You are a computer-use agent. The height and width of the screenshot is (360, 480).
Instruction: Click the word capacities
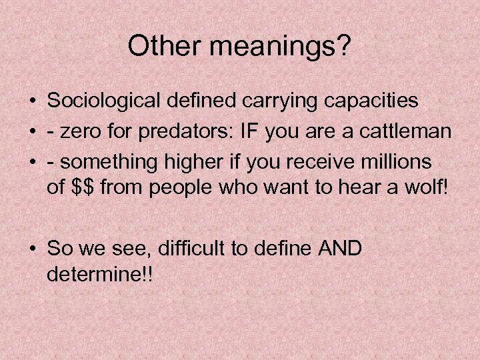click(373, 101)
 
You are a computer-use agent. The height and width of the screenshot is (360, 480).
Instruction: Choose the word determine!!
click(100, 274)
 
